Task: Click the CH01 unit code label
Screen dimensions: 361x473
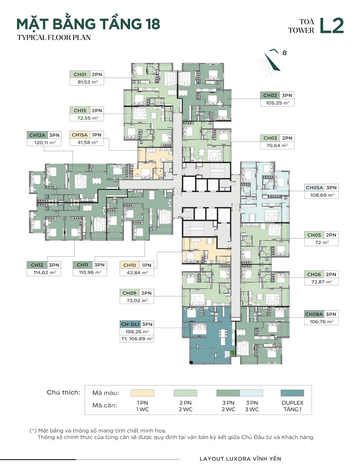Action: point(80,74)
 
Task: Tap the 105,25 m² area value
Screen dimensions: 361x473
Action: point(277,103)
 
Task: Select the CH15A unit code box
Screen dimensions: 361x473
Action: point(80,135)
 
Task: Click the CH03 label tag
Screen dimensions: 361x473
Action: point(270,138)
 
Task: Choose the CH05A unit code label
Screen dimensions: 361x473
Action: point(314,188)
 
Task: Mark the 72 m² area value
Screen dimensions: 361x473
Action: point(322,242)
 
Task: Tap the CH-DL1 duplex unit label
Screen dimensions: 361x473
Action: point(130,324)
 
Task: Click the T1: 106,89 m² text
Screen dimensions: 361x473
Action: point(137,339)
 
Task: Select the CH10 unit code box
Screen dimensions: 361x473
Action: point(130,265)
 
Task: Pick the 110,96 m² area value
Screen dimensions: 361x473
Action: point(90,272)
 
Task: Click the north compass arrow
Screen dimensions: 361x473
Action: point(272,62)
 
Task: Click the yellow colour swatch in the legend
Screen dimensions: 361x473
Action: point(142,393)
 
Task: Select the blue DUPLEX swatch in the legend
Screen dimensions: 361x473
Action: point(292,393)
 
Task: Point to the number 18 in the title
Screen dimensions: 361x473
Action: point(152,24)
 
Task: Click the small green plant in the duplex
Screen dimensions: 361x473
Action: point(232,352)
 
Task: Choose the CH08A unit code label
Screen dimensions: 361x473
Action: point(314,314)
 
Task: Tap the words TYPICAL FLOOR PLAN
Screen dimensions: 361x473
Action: point(54,38)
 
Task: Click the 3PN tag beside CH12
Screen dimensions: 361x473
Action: point(54,265)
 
